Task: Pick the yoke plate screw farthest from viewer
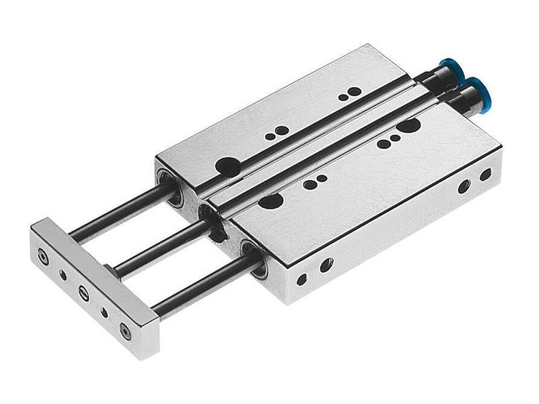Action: [x=44, y=257]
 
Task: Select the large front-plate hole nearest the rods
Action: [x=270, y=201]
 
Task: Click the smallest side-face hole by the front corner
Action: [x=302, y=277]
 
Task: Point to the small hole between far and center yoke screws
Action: [x=63, y=274]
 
